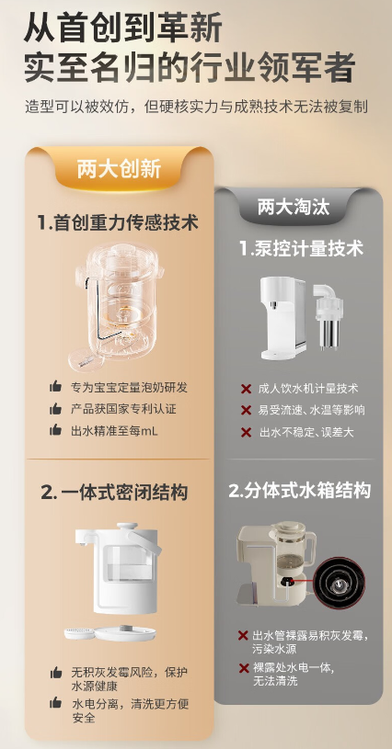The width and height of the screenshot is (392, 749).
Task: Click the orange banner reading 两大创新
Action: point(119,169)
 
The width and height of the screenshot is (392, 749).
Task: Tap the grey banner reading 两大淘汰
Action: point(294,207)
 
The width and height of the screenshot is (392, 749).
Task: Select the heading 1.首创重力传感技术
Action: point(118,222)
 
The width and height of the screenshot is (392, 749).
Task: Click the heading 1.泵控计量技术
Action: point(302,248)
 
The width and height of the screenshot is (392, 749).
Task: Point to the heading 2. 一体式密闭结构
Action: point(114,492)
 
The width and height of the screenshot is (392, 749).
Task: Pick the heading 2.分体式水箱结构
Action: point(300,491)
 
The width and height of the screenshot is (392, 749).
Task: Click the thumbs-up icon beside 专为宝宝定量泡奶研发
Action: point(55,386)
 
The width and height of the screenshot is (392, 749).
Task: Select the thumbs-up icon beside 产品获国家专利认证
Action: point(55,408)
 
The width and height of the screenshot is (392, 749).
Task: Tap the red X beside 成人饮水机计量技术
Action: point(246,389)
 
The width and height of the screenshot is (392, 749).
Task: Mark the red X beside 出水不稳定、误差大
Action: point(246,433)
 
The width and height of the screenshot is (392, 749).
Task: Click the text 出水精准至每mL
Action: point(114,431)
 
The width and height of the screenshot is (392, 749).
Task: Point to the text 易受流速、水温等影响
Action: point(312,410)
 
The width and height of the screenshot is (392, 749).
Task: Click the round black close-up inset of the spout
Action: point(340,584)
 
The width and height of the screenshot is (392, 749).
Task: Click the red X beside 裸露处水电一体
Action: point(244,668)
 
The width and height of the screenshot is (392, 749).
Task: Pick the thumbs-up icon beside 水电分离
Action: point(55,702)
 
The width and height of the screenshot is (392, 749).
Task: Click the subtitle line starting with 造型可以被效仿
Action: point(196,106)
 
